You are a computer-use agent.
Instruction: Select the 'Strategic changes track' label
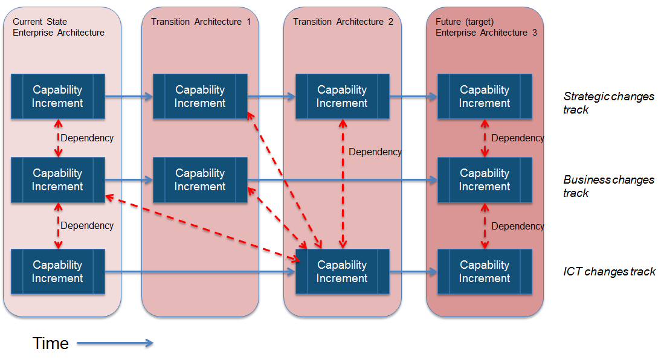pos(608,103)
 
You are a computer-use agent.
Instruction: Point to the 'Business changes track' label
pos(608,186)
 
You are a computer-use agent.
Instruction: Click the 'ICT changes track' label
pos(609,271)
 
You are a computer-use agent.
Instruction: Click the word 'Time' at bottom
pos(51,344)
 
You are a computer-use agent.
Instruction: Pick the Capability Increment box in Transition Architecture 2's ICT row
pos(343,272)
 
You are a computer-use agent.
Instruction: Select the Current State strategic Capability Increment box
pos(58,97)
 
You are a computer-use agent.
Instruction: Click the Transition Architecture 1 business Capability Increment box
pos(200,180)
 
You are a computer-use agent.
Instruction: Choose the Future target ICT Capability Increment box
pos(485,272)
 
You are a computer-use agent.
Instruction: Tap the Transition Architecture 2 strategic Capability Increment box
pos(343,97)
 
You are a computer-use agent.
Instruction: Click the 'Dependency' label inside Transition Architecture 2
pos(375,152)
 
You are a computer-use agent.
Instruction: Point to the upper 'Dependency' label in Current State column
pos(87,138)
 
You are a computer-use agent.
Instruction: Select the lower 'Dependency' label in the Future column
pos(517,226)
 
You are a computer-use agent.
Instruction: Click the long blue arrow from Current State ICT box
pos(199,272)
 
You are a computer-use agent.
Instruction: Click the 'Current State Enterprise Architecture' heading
pos(59,27)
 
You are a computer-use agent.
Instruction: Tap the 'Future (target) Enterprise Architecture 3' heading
pos(486,27)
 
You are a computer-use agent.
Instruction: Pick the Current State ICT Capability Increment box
pos(58,272)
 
